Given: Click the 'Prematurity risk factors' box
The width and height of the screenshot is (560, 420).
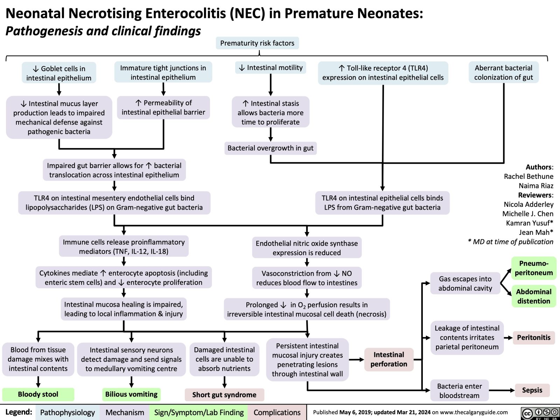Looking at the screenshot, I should (x=257, y=43).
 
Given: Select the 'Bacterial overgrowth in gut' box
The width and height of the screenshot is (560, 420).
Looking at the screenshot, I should (x=270, y=148).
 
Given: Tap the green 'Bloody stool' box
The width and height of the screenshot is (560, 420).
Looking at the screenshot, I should (x=38, y=394).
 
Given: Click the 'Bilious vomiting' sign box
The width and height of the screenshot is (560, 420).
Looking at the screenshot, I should (x=131, y=394).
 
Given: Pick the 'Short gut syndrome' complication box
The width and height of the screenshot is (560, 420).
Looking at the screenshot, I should (x=224, y=395).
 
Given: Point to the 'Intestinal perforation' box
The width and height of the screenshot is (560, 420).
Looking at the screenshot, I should (x=388, y=359).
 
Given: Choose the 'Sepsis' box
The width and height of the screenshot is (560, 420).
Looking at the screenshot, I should (x=532, y=390).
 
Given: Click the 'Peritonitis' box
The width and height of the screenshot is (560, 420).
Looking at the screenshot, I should (x=533, y=337).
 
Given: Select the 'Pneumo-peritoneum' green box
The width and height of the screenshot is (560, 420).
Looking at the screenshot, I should (x=533, y=268).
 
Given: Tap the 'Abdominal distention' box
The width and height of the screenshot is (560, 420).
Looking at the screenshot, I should (x=533, y=296).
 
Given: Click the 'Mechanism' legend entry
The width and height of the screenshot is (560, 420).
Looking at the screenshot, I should (x=125, y=413).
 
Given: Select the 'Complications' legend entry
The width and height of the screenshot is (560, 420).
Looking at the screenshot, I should (x=277, y=413).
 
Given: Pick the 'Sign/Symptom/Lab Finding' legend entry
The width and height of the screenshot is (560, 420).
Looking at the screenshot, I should (x=199, y=413).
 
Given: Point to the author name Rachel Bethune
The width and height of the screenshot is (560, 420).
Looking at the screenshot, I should (x=528, y=176).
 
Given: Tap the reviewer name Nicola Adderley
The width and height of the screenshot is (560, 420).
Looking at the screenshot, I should (x=528, y=204).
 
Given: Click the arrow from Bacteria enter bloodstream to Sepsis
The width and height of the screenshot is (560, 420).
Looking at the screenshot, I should (x=502, y=390).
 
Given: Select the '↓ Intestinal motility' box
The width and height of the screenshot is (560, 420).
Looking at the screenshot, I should (x=271, y=68).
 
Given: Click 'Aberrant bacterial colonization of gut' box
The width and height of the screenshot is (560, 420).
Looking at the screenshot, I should (x=503, y=72).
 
